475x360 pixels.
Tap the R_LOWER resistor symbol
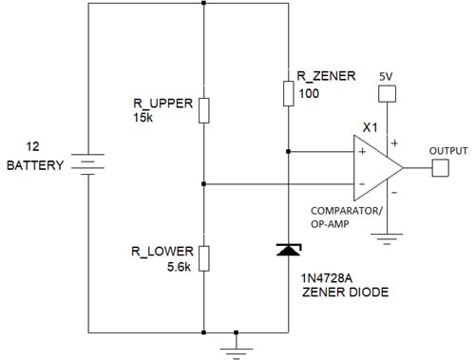(x=204, y=257)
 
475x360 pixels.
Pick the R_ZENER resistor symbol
(x=288, y=92)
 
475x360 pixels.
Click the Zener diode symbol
(x=288, y=250)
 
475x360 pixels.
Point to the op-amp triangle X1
(x=376, y=168)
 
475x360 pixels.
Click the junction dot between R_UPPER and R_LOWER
(x=204, y=183)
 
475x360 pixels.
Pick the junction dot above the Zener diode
(x=288, y=150)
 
